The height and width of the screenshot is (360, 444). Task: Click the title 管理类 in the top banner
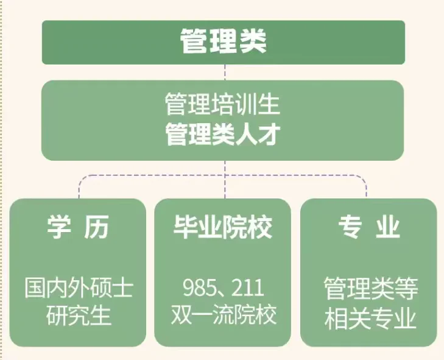[224, 42]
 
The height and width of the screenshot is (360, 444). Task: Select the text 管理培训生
[222, 105]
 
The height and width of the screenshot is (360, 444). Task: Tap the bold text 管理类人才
[222, 135]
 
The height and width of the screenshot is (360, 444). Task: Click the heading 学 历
[78, 228]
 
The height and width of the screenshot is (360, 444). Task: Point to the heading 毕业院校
[222, 228]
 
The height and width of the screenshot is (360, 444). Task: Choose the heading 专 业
[369, 228]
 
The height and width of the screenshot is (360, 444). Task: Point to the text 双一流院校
[222, 316]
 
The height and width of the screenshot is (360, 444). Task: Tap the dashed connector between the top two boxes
[225, 72]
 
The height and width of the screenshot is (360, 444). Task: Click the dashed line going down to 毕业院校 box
[225, 186]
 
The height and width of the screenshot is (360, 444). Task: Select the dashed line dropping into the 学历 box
[79, 189]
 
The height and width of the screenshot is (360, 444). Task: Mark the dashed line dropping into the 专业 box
[366, 189]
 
